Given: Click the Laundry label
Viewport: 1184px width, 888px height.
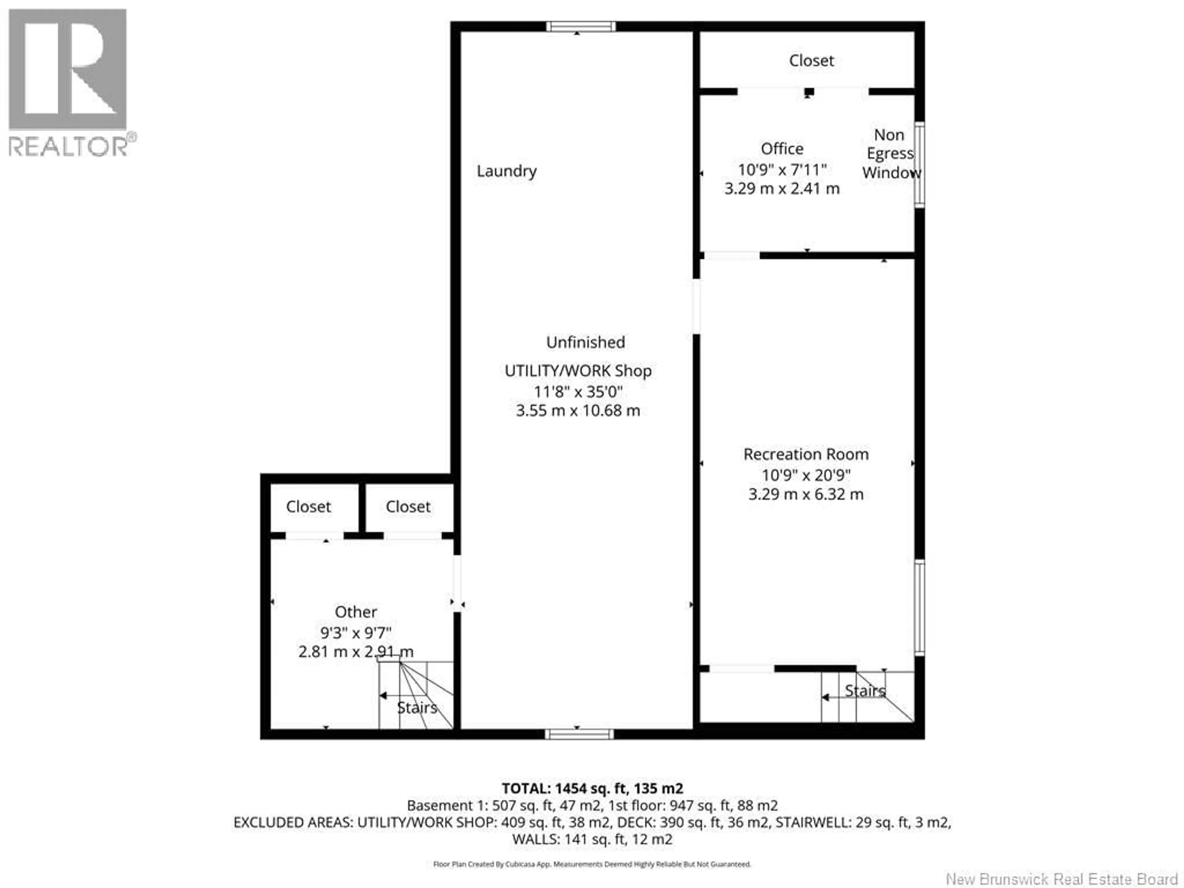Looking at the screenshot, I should click(x=506, y=171).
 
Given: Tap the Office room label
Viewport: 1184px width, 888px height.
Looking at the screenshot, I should click(x=782, y=149).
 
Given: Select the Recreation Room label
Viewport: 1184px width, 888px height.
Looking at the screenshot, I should click(x=806, y=454).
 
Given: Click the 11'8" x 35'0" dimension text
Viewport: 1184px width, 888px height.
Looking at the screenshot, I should click(x=578, y=392).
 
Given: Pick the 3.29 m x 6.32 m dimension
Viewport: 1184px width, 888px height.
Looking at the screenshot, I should click(x=806, y=494).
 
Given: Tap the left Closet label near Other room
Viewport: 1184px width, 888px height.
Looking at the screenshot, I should click(x=308, y=507).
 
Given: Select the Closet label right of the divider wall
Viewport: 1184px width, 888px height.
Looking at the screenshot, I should click(x=408, y=507).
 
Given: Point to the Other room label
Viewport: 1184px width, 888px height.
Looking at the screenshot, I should click(x=356, y=612).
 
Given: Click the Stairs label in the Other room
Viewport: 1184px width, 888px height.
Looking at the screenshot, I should click(x=417, y=708).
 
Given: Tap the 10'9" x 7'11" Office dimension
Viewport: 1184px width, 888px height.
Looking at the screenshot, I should click(x=782, y=170).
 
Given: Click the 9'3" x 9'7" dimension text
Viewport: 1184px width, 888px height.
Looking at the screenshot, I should click(x=356, y=633).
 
